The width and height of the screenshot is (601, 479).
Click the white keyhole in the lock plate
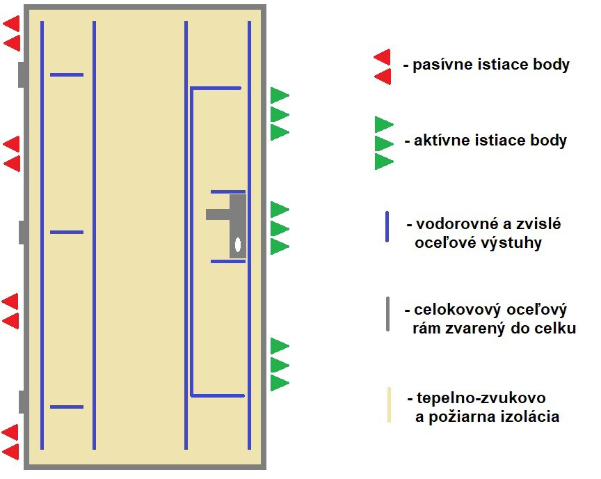(238, 244)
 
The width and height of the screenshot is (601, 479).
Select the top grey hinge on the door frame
(22, 74)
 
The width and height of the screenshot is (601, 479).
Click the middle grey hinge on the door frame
(22, 232)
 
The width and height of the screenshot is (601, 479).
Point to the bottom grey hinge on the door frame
(22, 402)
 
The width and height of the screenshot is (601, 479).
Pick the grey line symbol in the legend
(387, 314)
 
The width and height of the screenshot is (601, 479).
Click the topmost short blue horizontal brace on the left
(67, 74)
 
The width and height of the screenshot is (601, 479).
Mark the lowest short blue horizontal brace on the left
(67, 407)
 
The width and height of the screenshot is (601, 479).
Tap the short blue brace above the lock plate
(228, 191)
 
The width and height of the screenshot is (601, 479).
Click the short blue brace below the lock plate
(228, 261)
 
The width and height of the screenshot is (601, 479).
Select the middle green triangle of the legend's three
(383, 143)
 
